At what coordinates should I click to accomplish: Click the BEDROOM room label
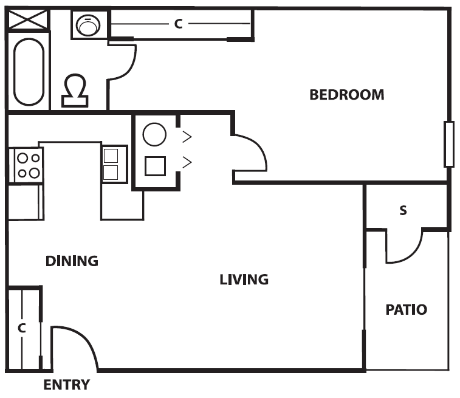point(346,95)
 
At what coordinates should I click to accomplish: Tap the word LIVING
point(244,280)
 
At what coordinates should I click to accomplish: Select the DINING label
point(72,261)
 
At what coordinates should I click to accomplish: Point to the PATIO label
point(406,309)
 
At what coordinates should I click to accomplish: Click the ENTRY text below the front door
point(66,385)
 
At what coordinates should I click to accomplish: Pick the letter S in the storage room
point(403,211)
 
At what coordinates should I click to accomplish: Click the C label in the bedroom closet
point(178,24)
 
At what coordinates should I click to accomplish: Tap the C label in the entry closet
point(21,328)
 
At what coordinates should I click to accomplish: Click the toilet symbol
point(75,89)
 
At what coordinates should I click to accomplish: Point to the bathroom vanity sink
point(89,25)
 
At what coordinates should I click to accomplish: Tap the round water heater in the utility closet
point(154,134)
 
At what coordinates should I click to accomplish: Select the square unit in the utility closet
point(156,165)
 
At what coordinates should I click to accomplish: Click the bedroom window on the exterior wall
point(449,144)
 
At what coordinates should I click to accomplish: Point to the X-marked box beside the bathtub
point(27,20)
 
